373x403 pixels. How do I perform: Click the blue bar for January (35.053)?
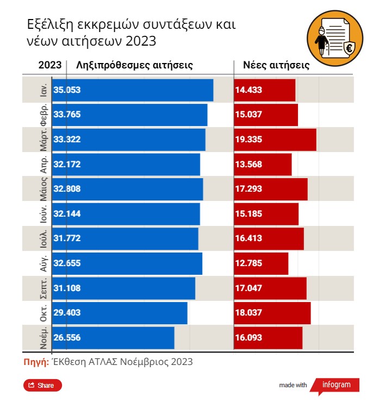[133, 90]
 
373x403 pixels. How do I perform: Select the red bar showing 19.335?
[275, 140]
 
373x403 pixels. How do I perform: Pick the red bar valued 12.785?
[261, 263]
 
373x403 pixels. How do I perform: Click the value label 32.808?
[67, 190]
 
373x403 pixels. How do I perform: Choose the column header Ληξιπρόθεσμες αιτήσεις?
[135, 66]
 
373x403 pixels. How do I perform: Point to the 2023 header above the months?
[49, 66]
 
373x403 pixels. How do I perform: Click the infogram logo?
[337, 385]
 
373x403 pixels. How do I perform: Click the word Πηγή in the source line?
[36, 362]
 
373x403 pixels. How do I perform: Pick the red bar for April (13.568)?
[263, 165]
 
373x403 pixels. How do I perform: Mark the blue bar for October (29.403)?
[120, 313]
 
